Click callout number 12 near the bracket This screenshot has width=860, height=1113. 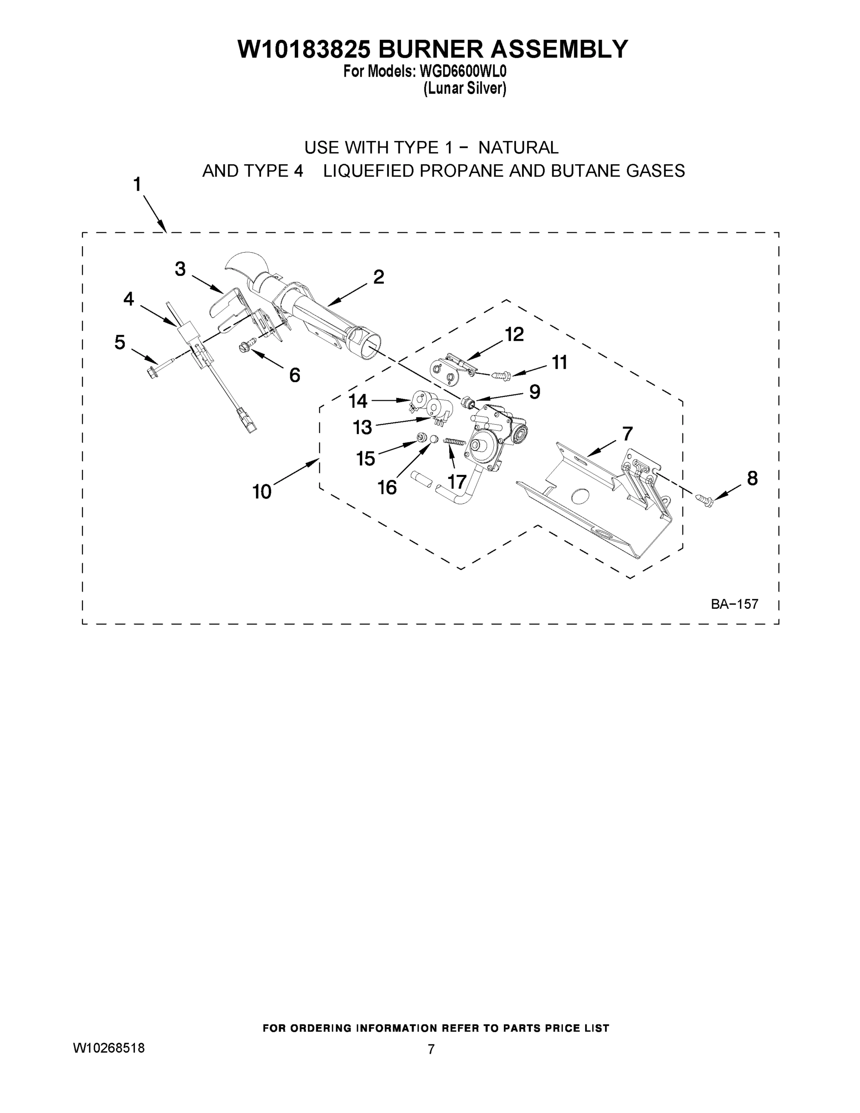[x=514, y=334]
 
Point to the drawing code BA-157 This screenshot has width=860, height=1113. [x=735, y=604]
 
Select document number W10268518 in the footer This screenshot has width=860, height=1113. [x=109, y=1048]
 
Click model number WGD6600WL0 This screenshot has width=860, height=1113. [x=463, y=71]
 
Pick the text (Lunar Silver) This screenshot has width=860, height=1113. [x=465, y=89]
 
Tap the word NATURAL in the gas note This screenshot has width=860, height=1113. [x=518, y=148]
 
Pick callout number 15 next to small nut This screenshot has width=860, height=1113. [x=365, y=459]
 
